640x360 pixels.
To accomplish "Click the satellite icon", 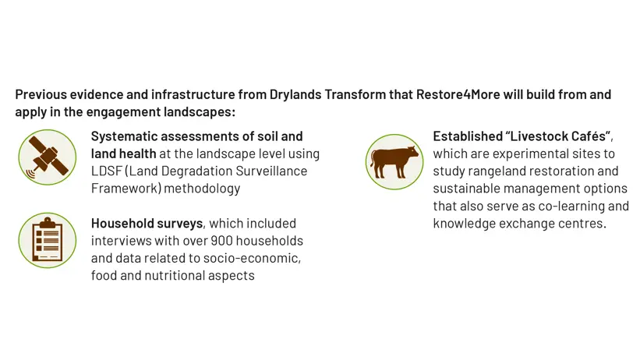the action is point(48,157).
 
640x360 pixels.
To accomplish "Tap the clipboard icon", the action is point(48,240).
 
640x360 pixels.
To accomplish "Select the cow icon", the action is point(394,162).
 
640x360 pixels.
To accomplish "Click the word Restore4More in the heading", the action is point(458,94).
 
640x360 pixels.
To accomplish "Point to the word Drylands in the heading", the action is point(295,94).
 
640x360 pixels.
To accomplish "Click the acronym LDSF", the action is point(106,171).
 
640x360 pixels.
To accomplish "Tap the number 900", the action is point(221,241).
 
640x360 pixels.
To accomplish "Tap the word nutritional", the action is point(175,276).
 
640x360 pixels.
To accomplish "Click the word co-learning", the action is point(571,206).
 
